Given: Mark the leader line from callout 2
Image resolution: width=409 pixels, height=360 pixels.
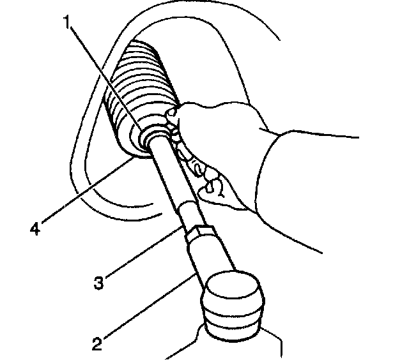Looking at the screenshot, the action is [x=147, y=309].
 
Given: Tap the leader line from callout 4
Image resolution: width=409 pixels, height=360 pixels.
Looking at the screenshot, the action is [x=89, y=191].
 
